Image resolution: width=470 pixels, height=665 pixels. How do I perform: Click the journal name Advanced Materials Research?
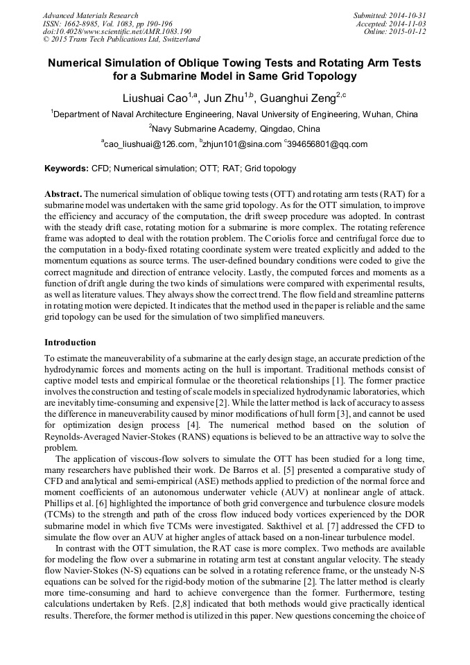click(90, 15)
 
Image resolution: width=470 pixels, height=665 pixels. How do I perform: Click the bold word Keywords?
click(67, 169)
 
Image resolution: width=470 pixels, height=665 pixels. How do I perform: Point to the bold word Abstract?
click(64, 193)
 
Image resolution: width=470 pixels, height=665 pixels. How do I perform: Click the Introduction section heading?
click(70, 343)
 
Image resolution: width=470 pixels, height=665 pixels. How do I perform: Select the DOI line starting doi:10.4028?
click(116, 32)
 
